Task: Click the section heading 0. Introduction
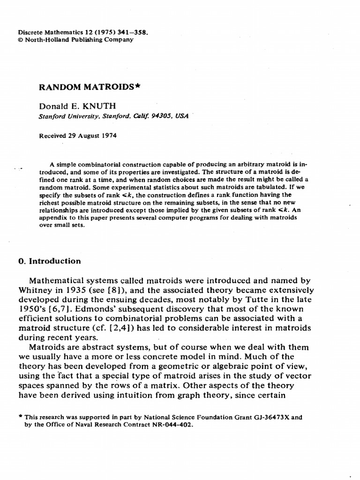[x=49, y=261]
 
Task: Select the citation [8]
[x=119, y=291]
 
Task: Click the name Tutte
[x=262, y=300]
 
